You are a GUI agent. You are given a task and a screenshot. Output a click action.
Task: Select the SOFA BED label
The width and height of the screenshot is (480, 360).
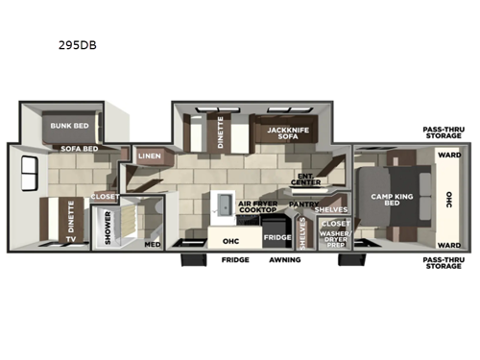tap(81, 150)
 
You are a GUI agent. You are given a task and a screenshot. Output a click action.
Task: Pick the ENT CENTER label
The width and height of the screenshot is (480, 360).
tap(306, 180)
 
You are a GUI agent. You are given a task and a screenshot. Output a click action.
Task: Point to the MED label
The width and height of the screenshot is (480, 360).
tap(153, 243)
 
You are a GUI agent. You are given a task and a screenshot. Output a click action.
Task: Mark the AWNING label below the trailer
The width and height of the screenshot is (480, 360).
tap(284, 259)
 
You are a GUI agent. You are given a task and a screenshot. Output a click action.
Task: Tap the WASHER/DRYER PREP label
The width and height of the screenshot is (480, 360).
tap(337, 238)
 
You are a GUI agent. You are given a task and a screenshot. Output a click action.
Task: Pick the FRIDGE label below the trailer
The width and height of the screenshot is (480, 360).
tap(235, 259)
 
